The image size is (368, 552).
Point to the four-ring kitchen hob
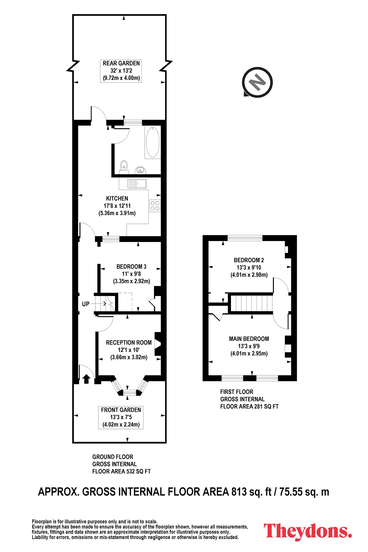tap(155, 205)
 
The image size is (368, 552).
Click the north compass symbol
tap(257, 82)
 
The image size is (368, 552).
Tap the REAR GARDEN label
tap(121, 63)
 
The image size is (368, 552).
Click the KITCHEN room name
tap(117, 198)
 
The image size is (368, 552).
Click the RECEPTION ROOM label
tap(129, 343)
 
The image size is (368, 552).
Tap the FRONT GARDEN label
tap(121, 410)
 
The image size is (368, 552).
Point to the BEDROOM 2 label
tap(249, 260)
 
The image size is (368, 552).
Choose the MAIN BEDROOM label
tap(249, 339)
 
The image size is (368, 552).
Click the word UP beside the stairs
tap(86, 304)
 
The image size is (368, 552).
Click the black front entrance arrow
tap(86, 379)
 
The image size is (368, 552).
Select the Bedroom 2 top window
tap(245, 238)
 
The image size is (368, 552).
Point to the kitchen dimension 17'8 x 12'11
tap(117, 206)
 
